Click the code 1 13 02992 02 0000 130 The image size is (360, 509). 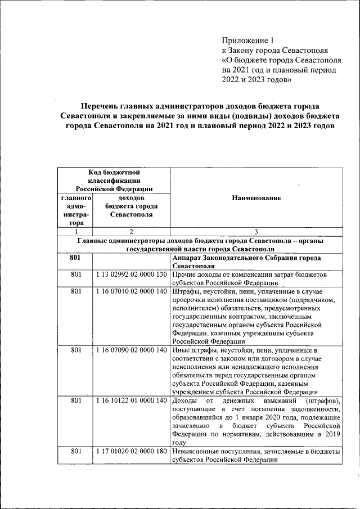[x=131, y=274]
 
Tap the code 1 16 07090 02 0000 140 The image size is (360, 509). [x=131, y=350]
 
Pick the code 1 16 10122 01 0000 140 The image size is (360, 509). [x=131, y=400]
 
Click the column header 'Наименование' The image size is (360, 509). [x=256, y=198]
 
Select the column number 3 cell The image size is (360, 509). [x=256, y=231]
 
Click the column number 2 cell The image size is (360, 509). [x=130, y=231]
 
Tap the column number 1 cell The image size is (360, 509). [x=75, y=231]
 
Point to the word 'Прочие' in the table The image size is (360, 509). [x=184, y=274]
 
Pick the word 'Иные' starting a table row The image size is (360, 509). [x=181, y=350]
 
